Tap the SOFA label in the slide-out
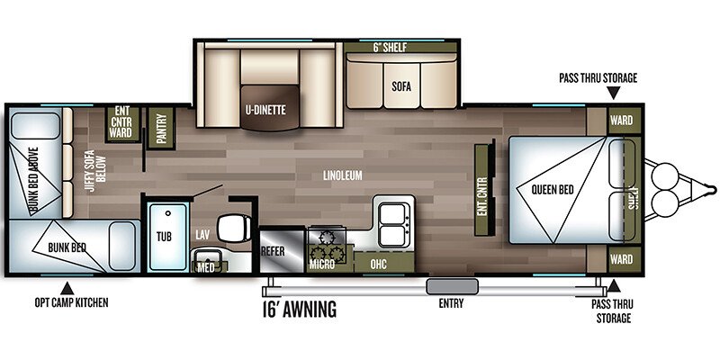(x=401, y=87)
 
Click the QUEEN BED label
(x=546, y=189)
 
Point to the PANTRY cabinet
(x=163, y=126)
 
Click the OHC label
(x=378, y=265)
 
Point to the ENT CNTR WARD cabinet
(x=121, y=121)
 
